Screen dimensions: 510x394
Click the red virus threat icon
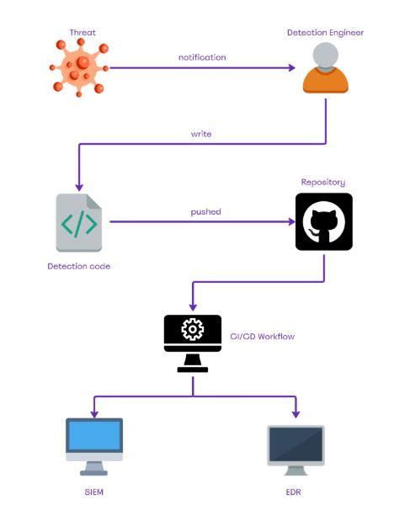(x=80, y=67)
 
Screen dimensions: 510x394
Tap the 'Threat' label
(x=83, y=33)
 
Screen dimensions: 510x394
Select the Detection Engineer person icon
(x=325, y=68)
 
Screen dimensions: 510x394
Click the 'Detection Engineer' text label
(x=325, y=33)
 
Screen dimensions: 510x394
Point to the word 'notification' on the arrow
(x=202, y=57)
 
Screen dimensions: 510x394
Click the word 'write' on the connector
(x=201, y=134)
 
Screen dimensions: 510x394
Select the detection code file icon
(x=79, y=223)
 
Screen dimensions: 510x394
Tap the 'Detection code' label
(x=79, y=266)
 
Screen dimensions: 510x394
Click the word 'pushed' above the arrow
(x=205, y=211)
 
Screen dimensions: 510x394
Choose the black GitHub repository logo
(x=324, y=222)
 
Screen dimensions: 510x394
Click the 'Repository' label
(x=323, y=182)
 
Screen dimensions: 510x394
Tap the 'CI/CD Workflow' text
(x=263, y=337)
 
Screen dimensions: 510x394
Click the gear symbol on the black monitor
(x=193, y=330)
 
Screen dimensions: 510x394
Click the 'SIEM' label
(x=94, y=491)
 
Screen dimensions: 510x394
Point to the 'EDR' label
(x=295, y=491)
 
